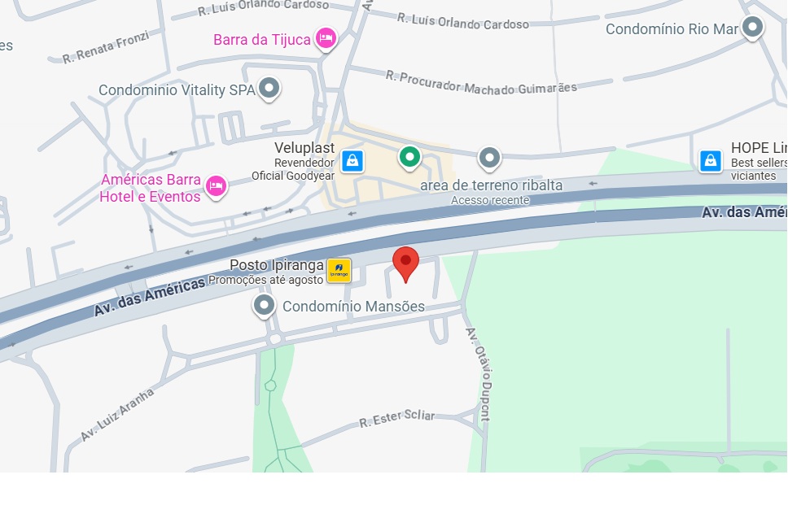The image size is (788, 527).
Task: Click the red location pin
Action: point(405,263)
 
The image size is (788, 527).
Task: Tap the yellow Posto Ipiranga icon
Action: point(339,270)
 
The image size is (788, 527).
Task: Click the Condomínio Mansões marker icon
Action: point(264,306)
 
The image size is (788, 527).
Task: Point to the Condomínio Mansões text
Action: point(353,307)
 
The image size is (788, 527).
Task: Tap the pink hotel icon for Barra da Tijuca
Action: point(326,37)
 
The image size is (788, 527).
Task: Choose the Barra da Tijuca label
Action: point(262,40)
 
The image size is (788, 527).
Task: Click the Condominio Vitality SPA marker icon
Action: point(269,88)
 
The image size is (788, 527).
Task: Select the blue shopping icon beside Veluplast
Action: point(352,160)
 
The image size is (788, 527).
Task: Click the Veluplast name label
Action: point(304,148)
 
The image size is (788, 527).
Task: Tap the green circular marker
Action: point(409,155)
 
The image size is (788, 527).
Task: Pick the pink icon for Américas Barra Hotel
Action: point(216,185)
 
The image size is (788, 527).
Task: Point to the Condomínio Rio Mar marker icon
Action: point(752,27)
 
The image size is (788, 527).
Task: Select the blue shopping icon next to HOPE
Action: point(711,160)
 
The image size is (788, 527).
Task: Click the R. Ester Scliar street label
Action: point(397,420)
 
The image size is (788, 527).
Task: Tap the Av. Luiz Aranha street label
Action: point(117,415)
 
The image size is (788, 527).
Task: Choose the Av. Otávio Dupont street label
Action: point(479,373)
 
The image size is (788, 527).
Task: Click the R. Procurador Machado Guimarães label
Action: point(481,82)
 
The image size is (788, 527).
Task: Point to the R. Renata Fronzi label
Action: point(106,48)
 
